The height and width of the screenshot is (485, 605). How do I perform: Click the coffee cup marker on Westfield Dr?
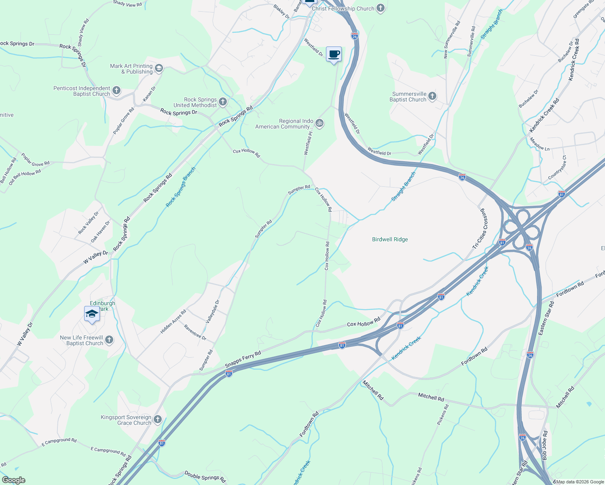(334, 54)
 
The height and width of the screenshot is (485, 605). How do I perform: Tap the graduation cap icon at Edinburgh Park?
(92, 314)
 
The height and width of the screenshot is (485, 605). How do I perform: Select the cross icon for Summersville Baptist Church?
(432, 96)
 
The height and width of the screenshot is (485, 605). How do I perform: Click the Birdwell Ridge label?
(390, 239)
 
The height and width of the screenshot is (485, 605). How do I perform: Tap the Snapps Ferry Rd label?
(243, 359)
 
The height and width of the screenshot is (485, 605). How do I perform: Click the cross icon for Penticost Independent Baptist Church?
(116, 91)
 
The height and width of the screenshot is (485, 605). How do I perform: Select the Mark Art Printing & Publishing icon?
(159, 68)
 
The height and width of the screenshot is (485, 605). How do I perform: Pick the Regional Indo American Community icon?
(319, 123)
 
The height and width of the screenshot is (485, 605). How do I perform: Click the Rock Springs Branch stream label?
(180, 187)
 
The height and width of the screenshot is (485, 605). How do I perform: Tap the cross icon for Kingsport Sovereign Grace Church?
(158, 420)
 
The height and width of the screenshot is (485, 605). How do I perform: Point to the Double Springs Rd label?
(205, 477)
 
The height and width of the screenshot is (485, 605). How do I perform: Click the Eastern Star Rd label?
(546, 318)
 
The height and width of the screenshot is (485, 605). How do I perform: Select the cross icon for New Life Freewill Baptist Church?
(109, 340)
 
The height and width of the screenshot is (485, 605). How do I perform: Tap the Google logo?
(13, 480)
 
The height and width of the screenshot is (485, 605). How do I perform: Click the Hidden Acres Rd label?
(173, 321)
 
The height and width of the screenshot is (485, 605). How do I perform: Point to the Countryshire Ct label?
(557, 168)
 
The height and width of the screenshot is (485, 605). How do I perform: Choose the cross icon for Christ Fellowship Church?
(380, 8)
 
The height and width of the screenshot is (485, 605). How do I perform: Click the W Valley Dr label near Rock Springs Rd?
(96, 257)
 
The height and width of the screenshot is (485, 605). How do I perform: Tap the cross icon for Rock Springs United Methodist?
(223, 102)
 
